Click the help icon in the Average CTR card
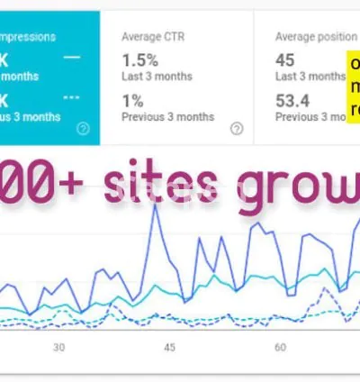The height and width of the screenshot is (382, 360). (x=237, y=128)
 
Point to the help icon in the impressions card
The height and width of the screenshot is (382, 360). (x=83, y=128)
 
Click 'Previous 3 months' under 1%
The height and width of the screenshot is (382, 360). (x=167, y=116)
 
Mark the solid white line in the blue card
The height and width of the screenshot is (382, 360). (x=72, y=57)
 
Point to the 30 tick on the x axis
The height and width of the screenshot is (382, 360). (x=59, y=347)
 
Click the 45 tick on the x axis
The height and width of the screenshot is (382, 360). (x=170, y=347)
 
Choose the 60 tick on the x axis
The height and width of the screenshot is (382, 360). (x=280, y=347)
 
